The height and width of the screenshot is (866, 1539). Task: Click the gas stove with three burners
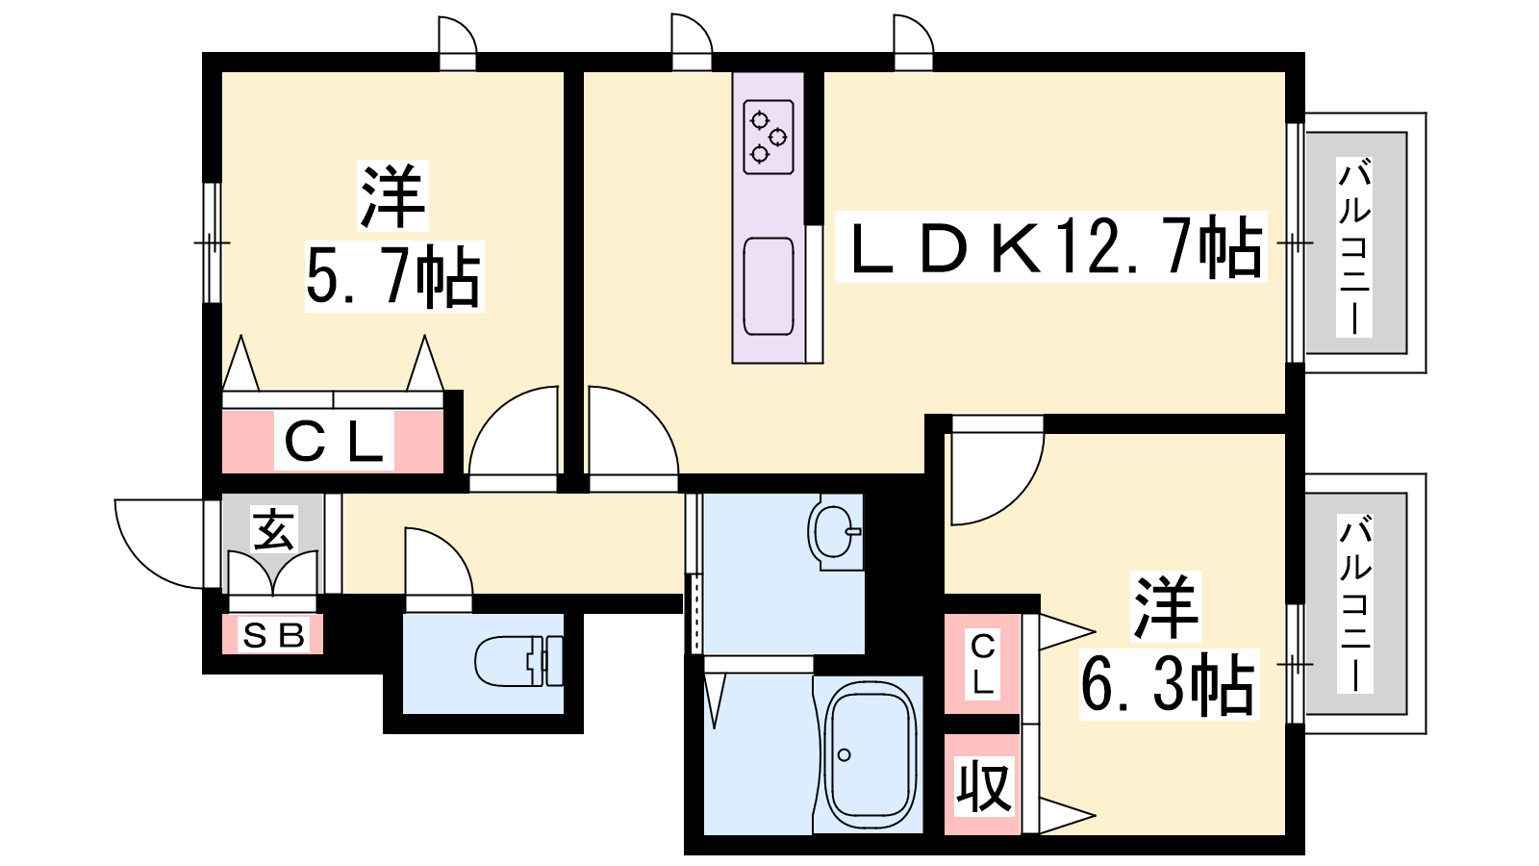point(769,137)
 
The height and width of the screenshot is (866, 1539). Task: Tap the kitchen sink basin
point(769,287)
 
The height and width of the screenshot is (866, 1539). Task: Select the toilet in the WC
point(518,661)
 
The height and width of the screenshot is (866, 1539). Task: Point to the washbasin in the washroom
point(835,533)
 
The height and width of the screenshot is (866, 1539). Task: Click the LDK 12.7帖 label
point(1051,247)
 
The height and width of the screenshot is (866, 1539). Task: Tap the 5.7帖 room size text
point(393,276)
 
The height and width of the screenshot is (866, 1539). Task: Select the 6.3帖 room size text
point(1168,684)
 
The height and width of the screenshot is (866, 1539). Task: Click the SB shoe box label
point(273,636)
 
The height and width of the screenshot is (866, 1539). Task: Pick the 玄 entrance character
point(274,528)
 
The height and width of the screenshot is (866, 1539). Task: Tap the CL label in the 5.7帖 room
point(334,442)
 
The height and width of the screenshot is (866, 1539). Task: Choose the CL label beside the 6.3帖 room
point(982,664)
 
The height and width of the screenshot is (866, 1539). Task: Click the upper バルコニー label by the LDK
point(1353,246)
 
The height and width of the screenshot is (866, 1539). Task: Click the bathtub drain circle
point(845,755)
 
